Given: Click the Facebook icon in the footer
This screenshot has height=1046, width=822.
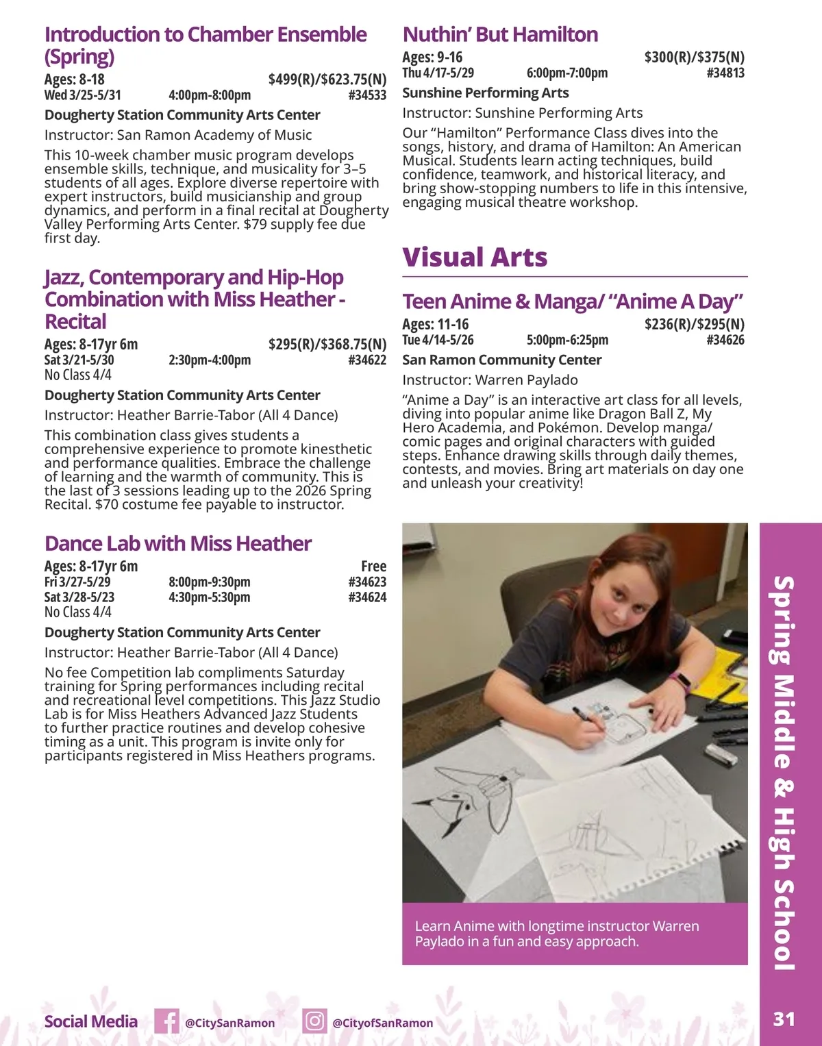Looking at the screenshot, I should click(166, 1021).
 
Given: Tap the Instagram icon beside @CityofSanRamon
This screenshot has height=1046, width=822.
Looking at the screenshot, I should click(314, 1021).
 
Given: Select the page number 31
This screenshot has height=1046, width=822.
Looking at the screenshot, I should click(784, 1019).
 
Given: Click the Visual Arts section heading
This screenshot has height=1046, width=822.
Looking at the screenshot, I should click(475, 258).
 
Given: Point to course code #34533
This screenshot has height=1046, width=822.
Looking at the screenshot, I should click(367, 95).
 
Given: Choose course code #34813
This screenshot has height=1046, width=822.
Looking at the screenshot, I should click(725, 73).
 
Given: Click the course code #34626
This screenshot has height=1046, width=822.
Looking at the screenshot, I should click(725, 340).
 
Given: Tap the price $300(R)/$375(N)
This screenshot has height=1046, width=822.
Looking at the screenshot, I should click(694, 57).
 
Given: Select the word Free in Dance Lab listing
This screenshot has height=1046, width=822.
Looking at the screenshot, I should click(373, 566).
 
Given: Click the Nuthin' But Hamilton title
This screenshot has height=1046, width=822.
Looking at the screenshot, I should click(500, 34).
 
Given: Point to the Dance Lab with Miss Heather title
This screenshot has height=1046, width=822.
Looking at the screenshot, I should click(178, 544).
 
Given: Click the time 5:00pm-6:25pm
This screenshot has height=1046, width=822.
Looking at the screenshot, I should click(567, 340).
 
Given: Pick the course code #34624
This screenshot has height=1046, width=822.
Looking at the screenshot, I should click(367, 597).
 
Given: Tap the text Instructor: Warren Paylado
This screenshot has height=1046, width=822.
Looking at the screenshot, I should click(490, 380).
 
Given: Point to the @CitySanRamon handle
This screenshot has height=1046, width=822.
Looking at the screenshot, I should click(229, 1023).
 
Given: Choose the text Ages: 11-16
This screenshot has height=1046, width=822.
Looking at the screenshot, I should click(436, 324).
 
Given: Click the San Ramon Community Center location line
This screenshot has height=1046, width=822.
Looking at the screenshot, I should click(501, 360).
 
